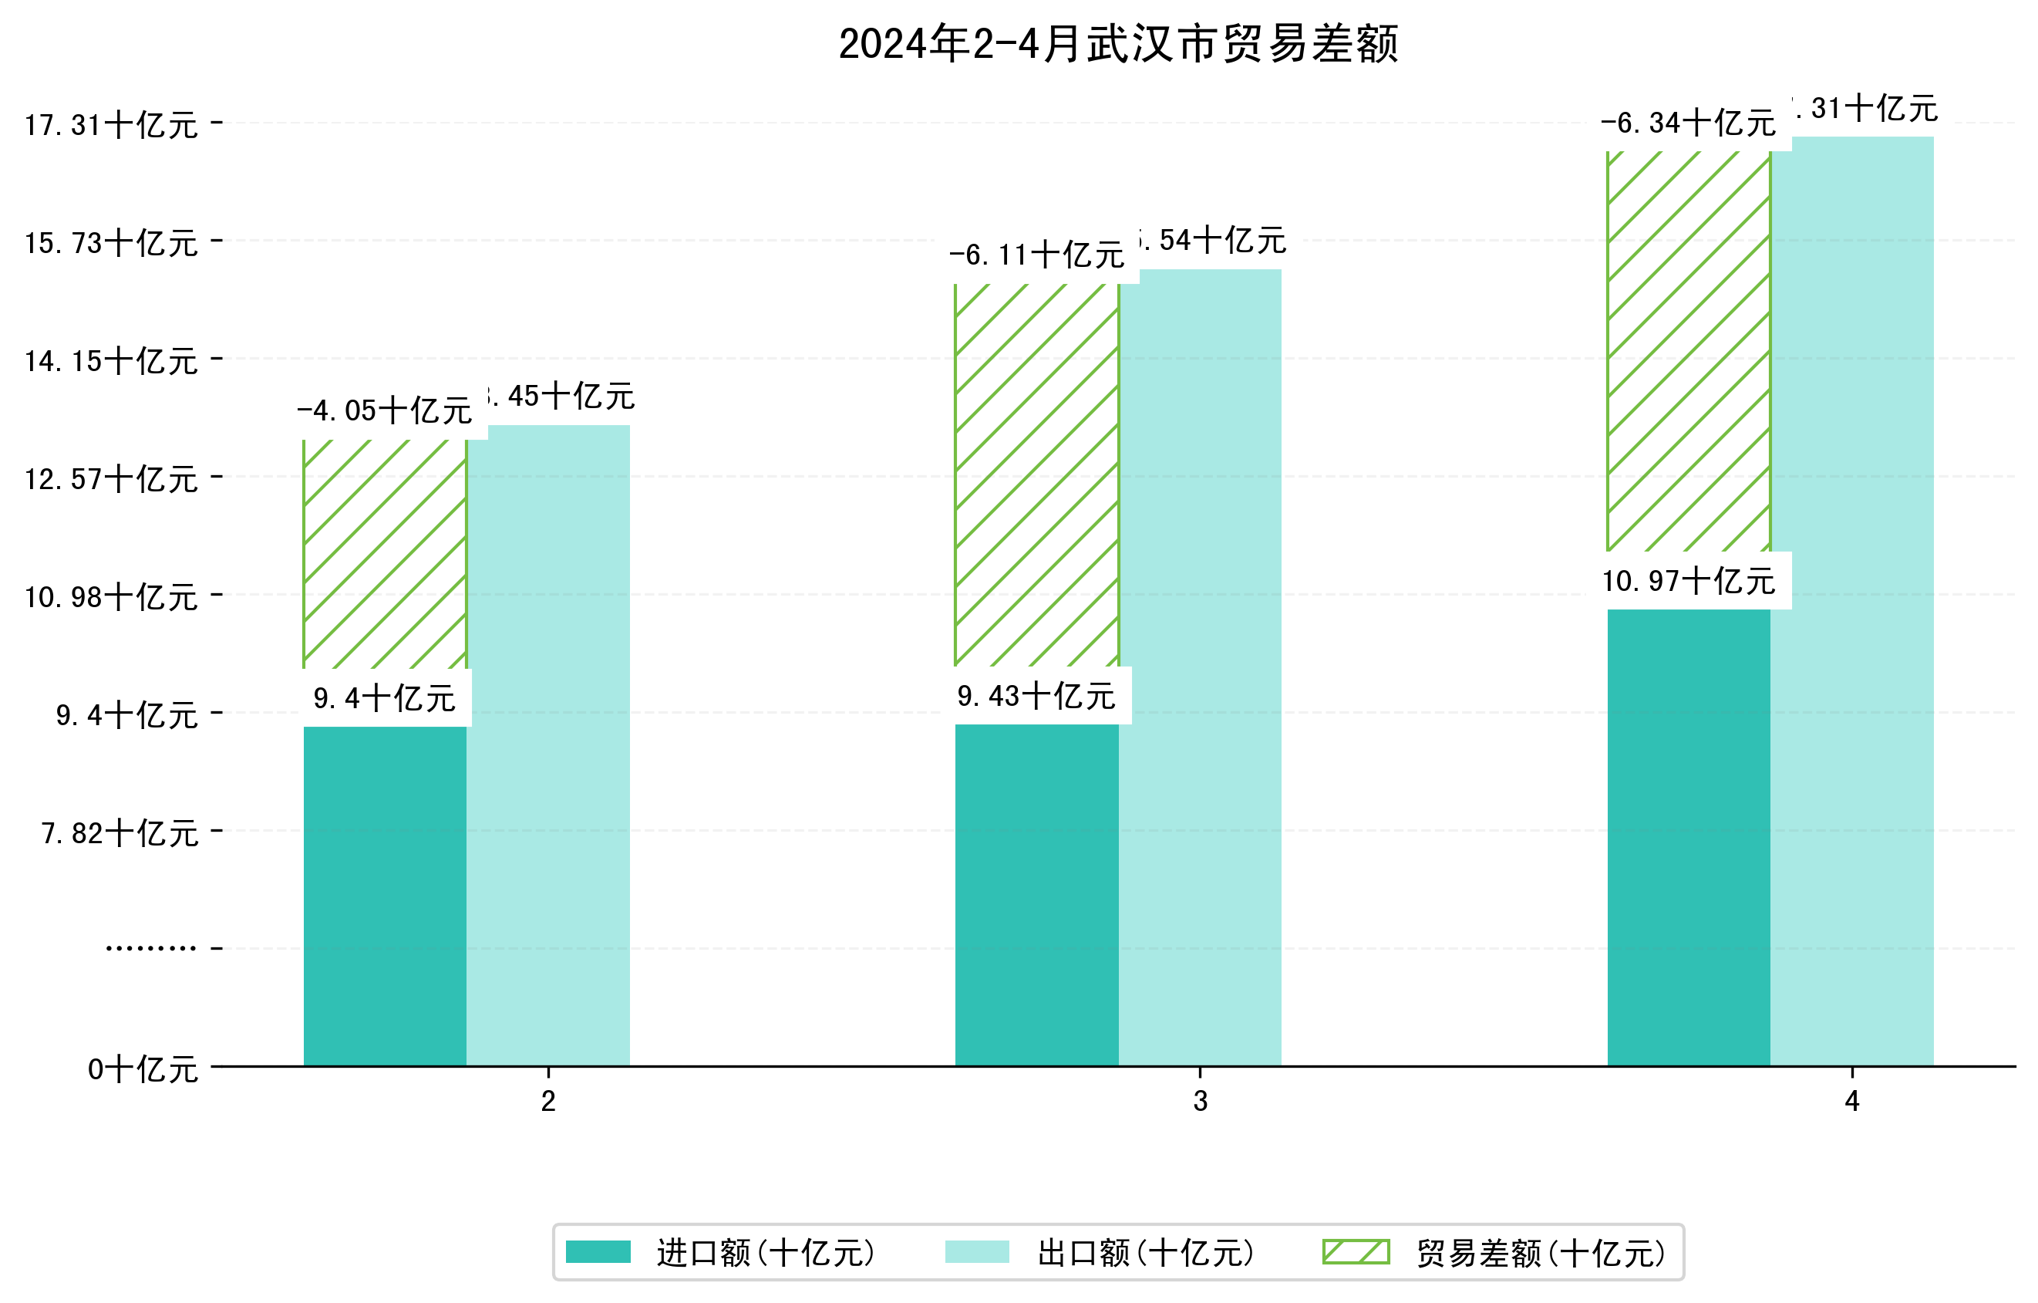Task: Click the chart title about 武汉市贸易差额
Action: [1118, 44]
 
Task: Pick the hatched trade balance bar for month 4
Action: [1689, 351]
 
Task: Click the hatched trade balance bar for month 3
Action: [1037, 475]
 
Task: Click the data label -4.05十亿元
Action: [385, 411]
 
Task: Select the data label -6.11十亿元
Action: [1037, 255]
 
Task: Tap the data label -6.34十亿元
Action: [1689, 123]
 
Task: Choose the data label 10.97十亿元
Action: [1689, 582]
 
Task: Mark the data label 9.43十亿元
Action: [1037, 697]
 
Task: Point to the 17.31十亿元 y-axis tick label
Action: [111, 125]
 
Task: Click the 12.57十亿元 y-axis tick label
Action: [111, 480]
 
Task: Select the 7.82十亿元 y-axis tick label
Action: [120, 834]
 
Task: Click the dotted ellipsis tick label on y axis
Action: [150, 948]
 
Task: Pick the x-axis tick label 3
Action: [1200, 1102]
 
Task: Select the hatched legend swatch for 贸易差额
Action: [1356, 1252]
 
